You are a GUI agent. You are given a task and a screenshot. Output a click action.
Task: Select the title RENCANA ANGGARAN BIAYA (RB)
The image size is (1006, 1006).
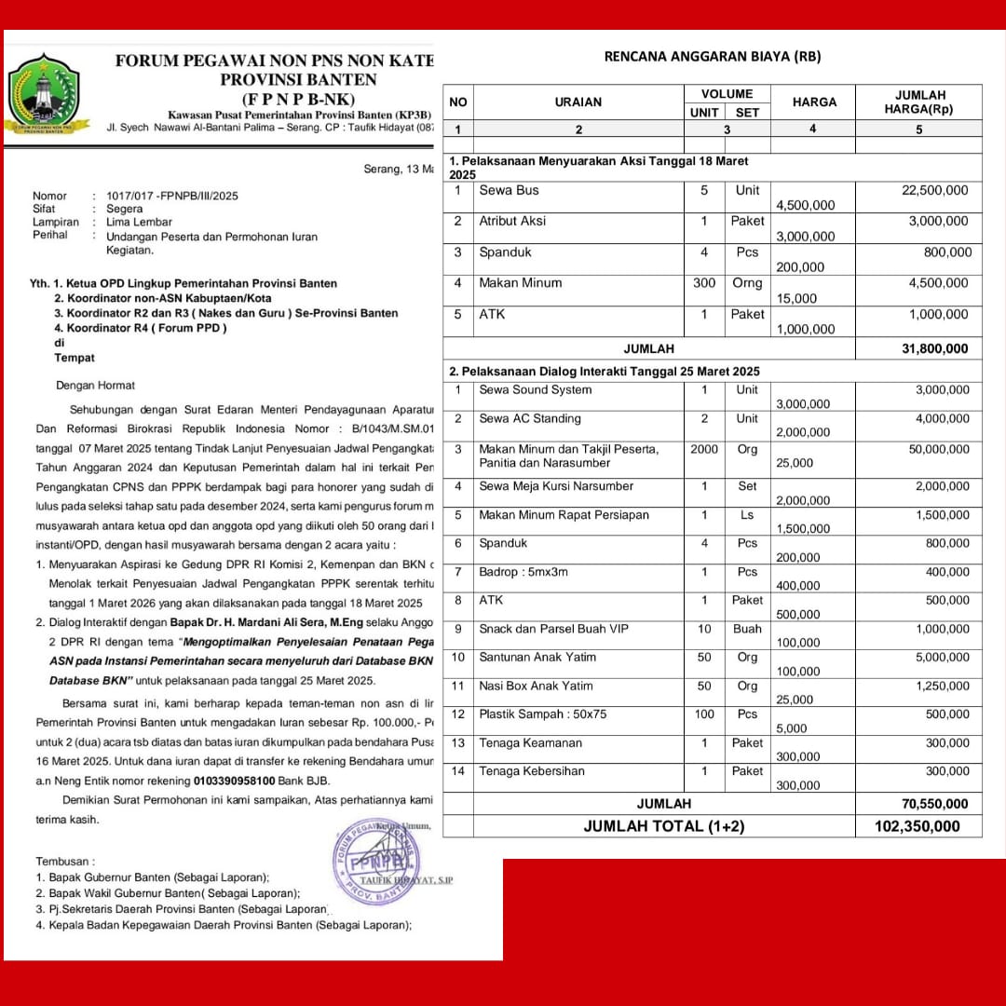(713, 56)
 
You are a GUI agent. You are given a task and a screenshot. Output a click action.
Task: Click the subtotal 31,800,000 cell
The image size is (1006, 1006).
(934, 348)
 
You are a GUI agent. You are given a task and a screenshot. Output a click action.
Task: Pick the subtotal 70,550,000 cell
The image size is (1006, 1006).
(934, 803)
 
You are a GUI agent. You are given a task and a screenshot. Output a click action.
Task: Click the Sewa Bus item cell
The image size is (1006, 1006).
(509, 190)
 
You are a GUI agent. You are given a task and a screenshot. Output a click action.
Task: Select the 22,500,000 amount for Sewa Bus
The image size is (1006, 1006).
(934, 190)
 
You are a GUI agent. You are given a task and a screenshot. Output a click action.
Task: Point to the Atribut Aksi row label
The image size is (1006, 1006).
(512, 221)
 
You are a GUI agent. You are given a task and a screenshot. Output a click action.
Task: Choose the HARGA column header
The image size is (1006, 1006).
(814, 102)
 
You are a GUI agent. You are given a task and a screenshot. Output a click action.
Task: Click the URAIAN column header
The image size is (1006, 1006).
(578, 102)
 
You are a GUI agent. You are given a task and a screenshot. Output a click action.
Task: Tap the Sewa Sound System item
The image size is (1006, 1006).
(535, 389)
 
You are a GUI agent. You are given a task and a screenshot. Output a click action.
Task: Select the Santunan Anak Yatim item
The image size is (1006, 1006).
(537, 657)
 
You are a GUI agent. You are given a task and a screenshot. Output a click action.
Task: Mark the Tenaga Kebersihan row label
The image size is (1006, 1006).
(532, 770)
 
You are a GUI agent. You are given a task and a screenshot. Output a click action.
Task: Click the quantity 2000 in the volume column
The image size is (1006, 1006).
(704, 449)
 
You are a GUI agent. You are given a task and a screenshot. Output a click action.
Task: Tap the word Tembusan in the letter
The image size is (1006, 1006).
(65, 862)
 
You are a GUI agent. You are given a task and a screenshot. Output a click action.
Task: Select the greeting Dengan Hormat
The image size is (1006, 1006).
(95, 385)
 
